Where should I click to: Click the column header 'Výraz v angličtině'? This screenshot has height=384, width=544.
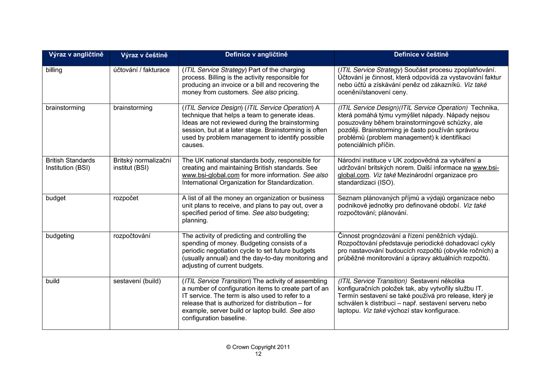click(76, 55)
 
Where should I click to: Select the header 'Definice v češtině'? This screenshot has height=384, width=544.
click(421, 55)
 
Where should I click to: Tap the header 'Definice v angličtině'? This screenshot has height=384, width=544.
click(256, 55)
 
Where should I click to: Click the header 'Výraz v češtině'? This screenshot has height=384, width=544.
click(144, 55)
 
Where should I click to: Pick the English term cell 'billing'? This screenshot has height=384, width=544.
click(54, 70)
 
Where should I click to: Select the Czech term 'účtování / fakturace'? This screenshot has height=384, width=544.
click(141, 70)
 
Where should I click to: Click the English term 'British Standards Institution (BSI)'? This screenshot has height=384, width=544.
click(70, 164)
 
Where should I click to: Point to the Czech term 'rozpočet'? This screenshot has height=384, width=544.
click(126, 198)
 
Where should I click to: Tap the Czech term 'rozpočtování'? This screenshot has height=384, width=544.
click(132, 236)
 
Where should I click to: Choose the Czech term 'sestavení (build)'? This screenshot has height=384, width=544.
click(137, 281)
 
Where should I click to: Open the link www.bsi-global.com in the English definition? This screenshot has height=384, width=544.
click(211, 175)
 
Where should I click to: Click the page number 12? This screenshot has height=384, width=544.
click(258, 354)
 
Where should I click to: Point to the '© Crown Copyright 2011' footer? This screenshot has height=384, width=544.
click(258, 347)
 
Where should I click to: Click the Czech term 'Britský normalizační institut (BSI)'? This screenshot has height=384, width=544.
click(142, 164)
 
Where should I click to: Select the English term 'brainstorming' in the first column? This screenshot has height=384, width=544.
click(65, 108)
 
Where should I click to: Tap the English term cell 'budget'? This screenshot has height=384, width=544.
click(56, 198)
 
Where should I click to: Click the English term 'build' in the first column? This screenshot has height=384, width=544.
click(53, 281)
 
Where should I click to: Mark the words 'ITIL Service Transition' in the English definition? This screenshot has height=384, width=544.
click(217, 281)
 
